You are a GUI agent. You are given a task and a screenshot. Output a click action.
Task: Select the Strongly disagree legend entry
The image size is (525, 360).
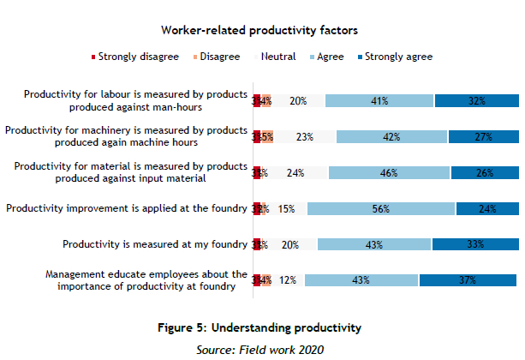pyautogui.click(x=134, y=57)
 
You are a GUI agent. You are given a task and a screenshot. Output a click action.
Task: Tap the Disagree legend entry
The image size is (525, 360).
pyautogui.click(x=216, y=57)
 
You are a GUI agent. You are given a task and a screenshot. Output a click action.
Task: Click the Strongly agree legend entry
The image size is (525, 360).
pyautogui.click(x=394, y=57)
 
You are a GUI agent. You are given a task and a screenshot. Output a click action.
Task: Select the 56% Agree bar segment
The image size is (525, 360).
pyautogui.click(x=381, y=208)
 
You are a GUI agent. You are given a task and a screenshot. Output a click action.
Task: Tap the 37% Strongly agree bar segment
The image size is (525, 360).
pyautogui.click(x=468, y=280)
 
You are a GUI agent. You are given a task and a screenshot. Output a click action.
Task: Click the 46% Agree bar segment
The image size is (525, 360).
pyautogui.click(x=388, y=172)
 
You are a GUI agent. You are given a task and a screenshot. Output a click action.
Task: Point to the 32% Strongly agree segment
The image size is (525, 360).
pyautogui.click(x=476, y=100)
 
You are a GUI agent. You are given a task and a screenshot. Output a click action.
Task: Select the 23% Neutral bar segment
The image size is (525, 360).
pyautogui.click(x=304, y=136)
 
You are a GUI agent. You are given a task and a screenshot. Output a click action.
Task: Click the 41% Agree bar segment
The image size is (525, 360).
pyautogui.click(x=379, y=100)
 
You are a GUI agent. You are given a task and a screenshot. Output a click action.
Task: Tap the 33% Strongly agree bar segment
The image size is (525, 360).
pyautogui.click(x=474, y=244)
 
